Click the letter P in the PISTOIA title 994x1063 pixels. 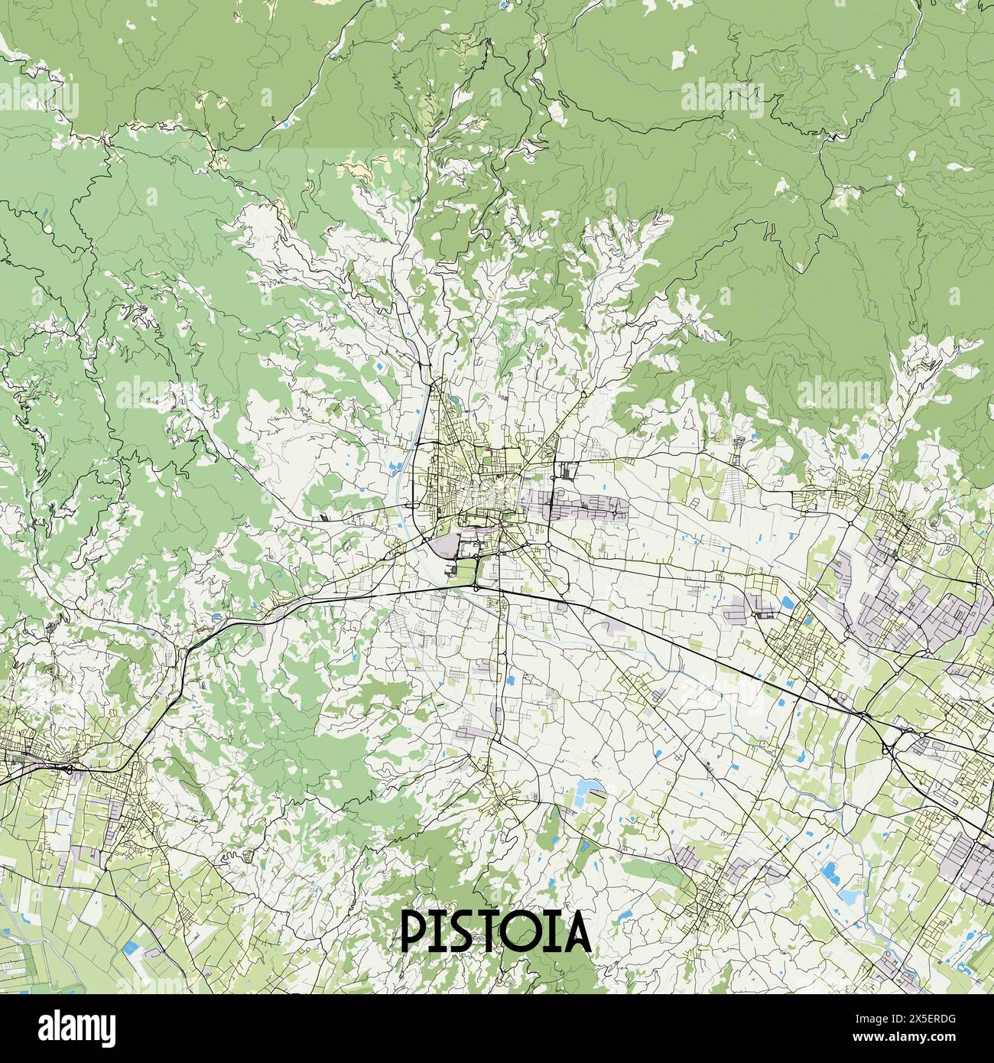[x=415, y=931]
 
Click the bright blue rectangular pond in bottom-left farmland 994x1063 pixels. [x=133, y=948]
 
